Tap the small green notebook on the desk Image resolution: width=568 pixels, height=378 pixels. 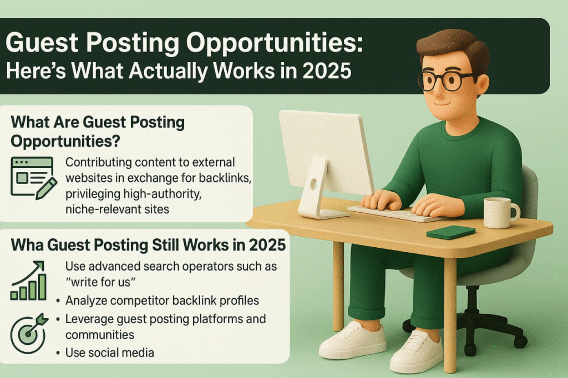(451, 232)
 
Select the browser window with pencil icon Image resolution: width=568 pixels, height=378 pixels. (32, 177)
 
